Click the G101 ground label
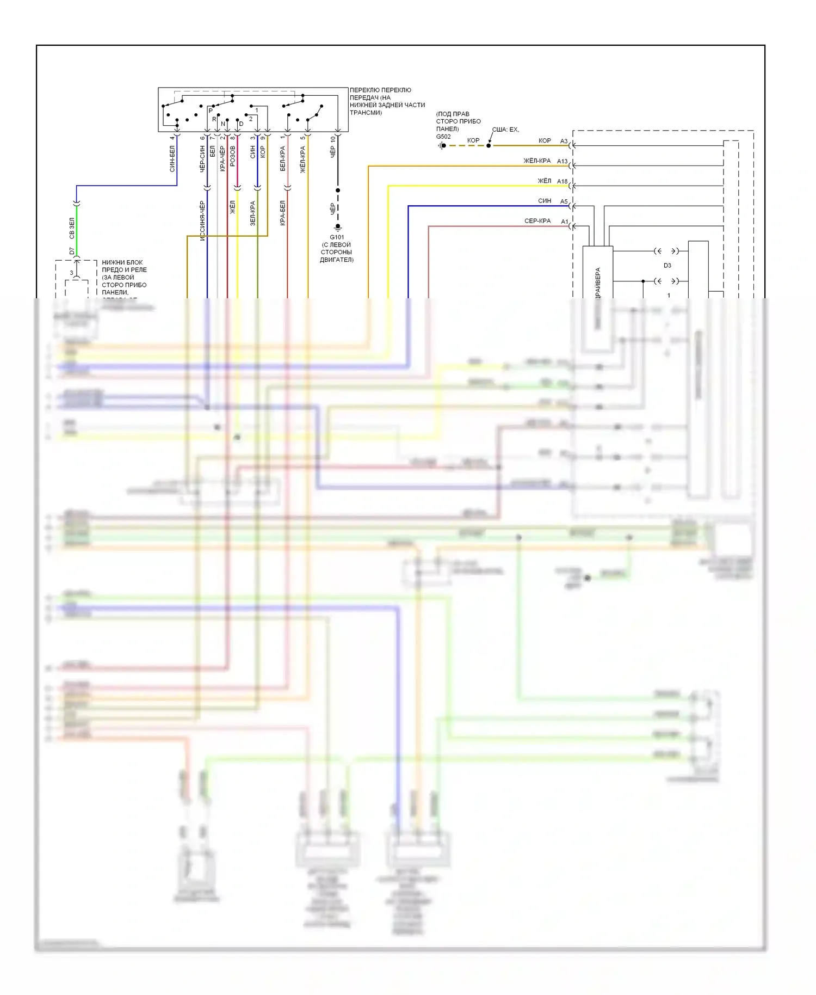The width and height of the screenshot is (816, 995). [337, 237]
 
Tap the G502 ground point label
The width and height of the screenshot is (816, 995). [443, 137]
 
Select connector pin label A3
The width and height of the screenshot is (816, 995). [564, 142]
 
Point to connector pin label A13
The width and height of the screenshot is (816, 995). [562, 162]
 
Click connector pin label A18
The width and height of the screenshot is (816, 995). [562, 182]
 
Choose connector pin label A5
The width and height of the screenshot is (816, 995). [564, 202]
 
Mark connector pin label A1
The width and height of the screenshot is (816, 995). [564, 222]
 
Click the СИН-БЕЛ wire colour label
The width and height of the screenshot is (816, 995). [172, 159]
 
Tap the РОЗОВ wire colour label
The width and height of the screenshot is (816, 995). [233, 156]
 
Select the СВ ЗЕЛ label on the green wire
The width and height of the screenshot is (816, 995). [72, 229]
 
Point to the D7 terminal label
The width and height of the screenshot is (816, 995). [72, 251]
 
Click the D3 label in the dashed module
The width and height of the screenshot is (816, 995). [667, 266]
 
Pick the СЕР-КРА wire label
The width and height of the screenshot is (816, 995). [537, 221]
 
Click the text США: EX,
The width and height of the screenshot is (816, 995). [505, 130]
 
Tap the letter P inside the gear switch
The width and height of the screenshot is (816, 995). [211, 110]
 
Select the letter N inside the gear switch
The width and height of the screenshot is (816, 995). [223, 124]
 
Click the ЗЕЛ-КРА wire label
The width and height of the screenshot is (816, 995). [252, 213]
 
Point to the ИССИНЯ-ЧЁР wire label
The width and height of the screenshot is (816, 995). [202, 220]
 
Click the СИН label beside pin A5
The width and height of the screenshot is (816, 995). [545, 201]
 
